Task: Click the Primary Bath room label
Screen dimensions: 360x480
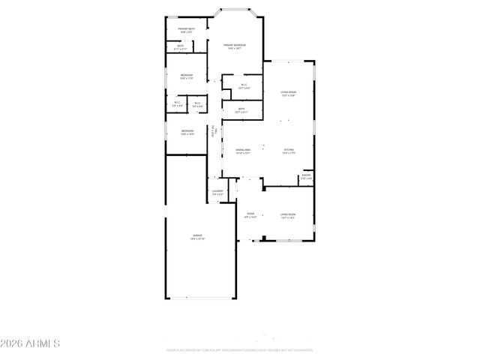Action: (x=187, y=30)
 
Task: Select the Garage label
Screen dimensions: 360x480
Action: (x=197, y=237)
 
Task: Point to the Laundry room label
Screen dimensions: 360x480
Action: (x=217, y=193)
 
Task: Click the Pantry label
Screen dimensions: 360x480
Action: (x=306, y=177)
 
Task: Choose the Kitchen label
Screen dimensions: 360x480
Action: (x=289, y=151)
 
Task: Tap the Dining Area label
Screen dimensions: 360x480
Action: (x=241, y=151)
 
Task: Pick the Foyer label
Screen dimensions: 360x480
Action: (x=250, y=215)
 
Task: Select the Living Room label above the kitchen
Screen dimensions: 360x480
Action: (x=288, y=94)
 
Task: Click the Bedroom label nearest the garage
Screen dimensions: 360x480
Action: (x=187, y=132)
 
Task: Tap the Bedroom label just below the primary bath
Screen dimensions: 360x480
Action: (x=187, y=76)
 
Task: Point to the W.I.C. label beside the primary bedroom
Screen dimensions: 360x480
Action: (x=244, y=85)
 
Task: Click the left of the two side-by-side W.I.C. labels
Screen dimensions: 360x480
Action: (x=177, y=104)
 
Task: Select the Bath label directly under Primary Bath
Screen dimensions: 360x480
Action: (x=181, y=47)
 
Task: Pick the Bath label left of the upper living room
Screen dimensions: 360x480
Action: (x=241, y=110)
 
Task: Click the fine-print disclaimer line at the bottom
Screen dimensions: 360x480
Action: (x=239, y=350)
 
